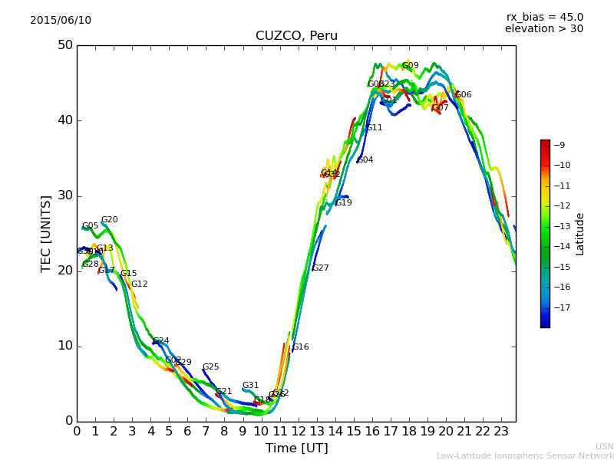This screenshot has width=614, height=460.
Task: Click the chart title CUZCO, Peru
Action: [296, 36]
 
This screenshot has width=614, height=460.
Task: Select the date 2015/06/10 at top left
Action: [61, 20]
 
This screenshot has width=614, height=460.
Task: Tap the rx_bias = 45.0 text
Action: [544, 17]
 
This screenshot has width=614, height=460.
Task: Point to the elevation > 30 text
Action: [544, 29]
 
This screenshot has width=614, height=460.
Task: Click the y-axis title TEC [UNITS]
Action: [46, 233]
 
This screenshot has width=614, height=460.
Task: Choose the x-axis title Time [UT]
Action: [296, 448]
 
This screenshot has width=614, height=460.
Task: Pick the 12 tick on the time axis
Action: [298, 432]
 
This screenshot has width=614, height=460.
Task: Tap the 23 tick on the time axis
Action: [501, 432]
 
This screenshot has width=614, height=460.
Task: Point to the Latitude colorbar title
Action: [580, 234]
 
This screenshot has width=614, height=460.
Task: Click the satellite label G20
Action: [110, 220]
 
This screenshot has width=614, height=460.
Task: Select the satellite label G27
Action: [320, 268]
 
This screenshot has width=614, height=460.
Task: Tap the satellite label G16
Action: [300, 347]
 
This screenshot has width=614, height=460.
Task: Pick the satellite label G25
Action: [210, 367]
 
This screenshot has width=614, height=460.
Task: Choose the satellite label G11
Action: [374, 128]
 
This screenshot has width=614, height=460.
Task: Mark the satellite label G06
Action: [464, 95]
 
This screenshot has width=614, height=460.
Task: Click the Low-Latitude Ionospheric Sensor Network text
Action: [525, 455]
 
